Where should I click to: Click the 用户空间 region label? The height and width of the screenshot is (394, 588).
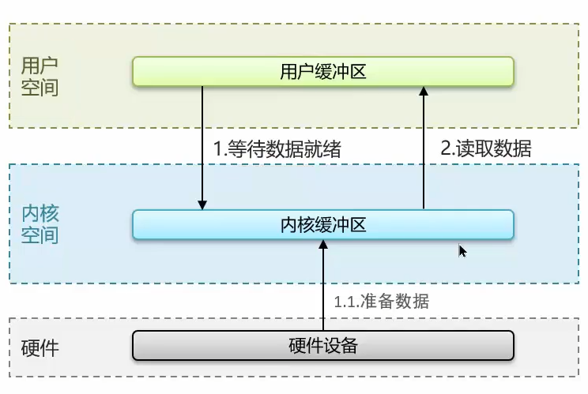point(40,76)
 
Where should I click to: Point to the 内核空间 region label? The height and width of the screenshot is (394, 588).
point(40,224)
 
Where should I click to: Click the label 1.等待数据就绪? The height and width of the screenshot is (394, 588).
point(277,149)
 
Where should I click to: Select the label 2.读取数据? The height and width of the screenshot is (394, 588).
point(486,148)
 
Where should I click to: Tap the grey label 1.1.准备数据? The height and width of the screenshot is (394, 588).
point(382,301)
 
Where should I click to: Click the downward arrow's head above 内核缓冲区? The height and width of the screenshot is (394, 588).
point(203,205)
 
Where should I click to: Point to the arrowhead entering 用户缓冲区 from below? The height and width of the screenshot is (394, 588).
point(424,92)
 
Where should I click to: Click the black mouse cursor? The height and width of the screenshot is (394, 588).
point(462,250)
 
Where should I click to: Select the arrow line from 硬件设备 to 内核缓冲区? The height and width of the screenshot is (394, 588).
point(322,292)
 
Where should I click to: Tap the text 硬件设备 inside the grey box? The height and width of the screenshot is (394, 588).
point(323,346)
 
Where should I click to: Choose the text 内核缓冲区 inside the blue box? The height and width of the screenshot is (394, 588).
point(323,225)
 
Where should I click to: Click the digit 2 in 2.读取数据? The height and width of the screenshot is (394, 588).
point(446,148)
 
